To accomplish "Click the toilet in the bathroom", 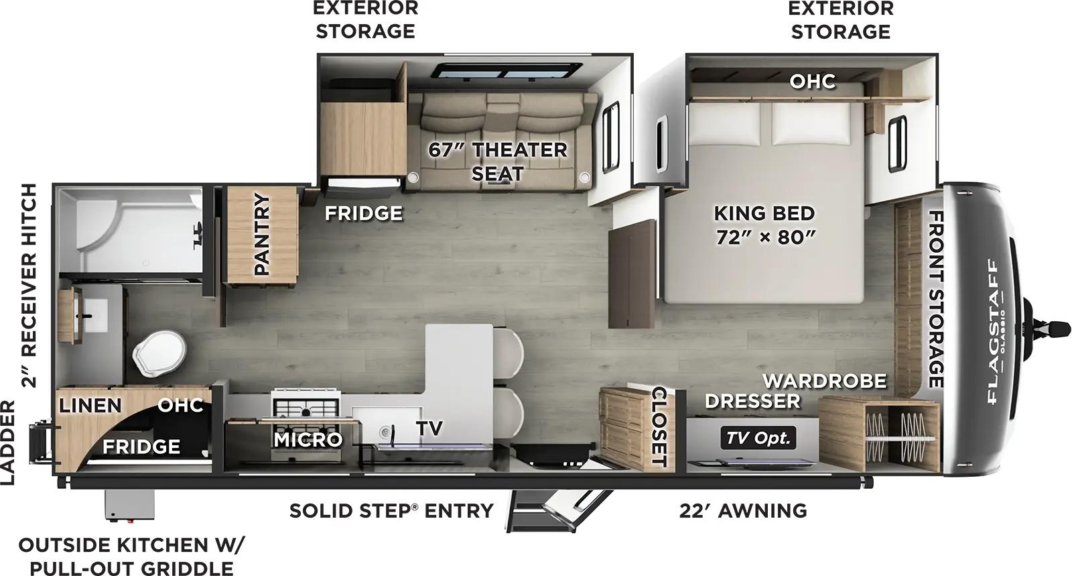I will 159,355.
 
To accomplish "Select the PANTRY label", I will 261,234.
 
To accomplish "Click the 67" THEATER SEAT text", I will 497,161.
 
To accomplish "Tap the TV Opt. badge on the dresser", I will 758,439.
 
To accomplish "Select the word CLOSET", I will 658,426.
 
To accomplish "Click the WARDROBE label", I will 824,381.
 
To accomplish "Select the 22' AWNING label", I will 742,511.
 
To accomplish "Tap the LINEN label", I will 90,406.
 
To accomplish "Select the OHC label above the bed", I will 812,82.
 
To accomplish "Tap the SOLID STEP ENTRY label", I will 391,511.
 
